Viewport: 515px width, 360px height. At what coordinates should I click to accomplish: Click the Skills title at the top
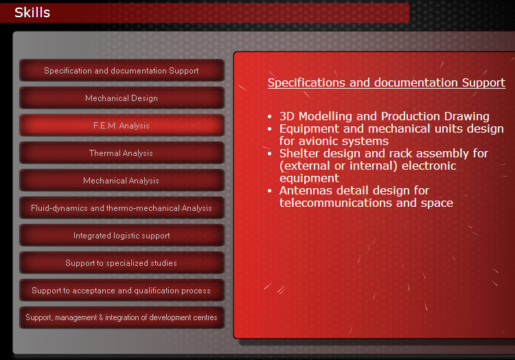[x=32, y=12]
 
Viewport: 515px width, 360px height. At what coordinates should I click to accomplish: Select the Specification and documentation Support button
[x=122, y=71]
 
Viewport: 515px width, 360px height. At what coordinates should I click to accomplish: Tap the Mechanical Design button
[x=122, y=98]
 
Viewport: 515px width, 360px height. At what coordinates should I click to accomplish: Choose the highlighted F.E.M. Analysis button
[x=122, y=126]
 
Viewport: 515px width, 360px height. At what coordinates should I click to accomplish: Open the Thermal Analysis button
[x=122, y=153]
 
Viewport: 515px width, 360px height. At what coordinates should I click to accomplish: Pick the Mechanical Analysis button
[x=122, y=181]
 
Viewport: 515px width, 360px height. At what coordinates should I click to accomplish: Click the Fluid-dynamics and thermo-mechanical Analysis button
[x=122, y=208]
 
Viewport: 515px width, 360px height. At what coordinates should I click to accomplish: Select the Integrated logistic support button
[x=122, y=236]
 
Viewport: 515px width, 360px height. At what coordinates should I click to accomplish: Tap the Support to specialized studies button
[x=122, y=263]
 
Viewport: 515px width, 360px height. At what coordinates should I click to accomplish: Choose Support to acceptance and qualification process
[x=122, y=291]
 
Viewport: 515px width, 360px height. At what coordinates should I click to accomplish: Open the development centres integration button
[x=122, y=317]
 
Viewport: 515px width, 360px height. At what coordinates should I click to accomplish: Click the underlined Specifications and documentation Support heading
[x=386, y=82]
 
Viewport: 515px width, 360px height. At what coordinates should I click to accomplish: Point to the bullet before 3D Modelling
[x=270, y=117]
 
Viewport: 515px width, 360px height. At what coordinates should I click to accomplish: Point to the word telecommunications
[x=336, y=203]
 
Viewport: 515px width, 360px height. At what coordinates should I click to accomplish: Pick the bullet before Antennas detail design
[x=270, y=191]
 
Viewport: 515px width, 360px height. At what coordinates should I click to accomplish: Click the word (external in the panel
[x=304, y=166]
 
